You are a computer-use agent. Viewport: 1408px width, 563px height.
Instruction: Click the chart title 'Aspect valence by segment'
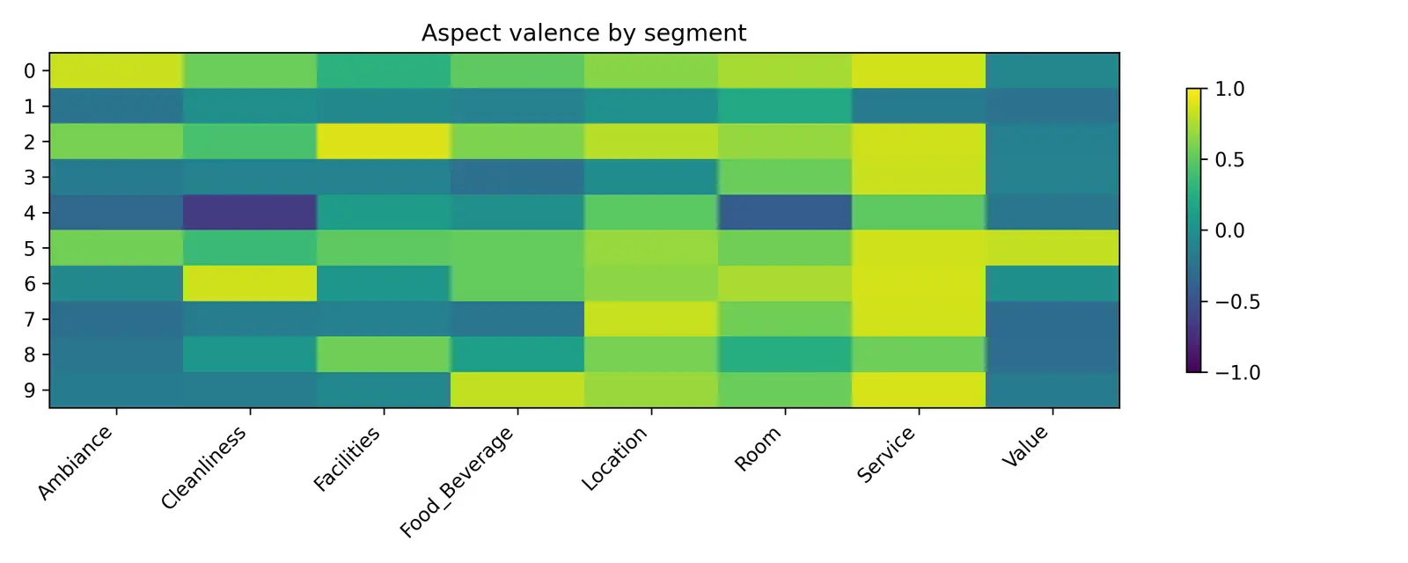[583, 33]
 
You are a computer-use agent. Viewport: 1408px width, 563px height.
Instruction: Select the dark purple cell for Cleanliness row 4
[250, 213]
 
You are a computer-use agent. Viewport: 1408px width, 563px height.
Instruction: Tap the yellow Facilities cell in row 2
[384, 142]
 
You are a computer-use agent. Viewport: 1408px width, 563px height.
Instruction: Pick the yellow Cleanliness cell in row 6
[250, 283]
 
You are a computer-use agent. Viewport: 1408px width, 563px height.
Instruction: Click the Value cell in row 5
[1052, 248]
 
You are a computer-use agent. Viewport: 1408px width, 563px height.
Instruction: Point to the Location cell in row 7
[651, 318]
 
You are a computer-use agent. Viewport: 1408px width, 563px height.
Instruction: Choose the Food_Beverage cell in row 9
[517, 390]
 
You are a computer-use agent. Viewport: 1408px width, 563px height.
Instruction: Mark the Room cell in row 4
[785, 213]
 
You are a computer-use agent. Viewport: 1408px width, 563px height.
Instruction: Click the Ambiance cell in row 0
[116, 70]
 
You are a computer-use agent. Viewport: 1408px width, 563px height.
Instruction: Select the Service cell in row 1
[919, 106]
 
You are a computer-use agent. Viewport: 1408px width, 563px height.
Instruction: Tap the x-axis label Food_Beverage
[458, 482]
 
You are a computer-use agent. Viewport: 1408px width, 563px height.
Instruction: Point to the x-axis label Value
[1026, 447]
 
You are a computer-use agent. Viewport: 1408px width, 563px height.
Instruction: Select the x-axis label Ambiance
[76, 463]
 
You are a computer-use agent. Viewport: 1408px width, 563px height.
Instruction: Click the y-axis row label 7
[30, 319]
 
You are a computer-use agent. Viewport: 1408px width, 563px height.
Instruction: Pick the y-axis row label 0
[30, 71]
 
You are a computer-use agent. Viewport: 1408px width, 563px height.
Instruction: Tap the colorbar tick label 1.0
[1229, 89]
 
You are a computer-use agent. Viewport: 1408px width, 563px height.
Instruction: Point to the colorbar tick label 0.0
[1229, 230]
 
